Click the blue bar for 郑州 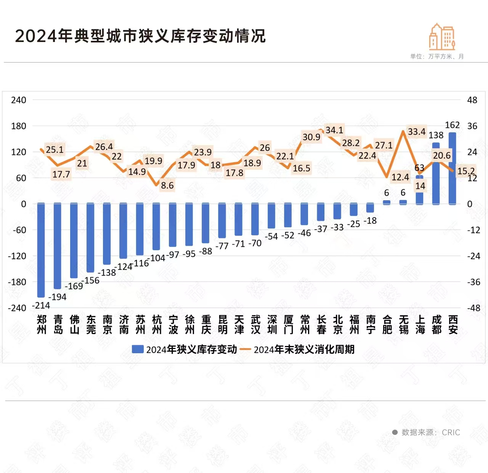(41, 250)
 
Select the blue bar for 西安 (453, 168)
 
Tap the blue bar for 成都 (436, 174)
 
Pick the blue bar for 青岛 (58, 246)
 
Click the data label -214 (41, 306)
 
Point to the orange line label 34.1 (334, 130)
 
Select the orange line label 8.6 (167, 185)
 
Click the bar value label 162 (452, 125)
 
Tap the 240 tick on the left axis (19, 100)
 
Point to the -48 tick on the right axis (474, 308)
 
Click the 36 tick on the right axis (472, 126)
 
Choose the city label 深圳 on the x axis (272, 325)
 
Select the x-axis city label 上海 (420, 325)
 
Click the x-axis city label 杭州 (157, 325)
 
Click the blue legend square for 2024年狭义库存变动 (138, 349)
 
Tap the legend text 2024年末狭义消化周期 (304, 349)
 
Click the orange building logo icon (442, 37)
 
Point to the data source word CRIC (451, 432)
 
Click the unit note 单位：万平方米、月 (437, 56)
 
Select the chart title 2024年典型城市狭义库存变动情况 (140, 36)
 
